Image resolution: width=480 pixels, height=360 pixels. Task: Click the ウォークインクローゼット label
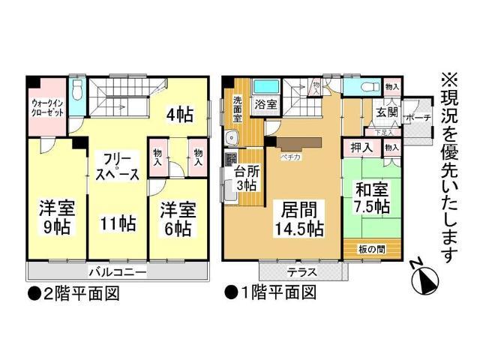48,106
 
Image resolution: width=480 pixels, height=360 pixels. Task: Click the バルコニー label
116,271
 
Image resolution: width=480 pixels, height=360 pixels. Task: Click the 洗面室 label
238,109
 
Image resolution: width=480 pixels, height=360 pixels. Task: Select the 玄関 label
386,114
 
